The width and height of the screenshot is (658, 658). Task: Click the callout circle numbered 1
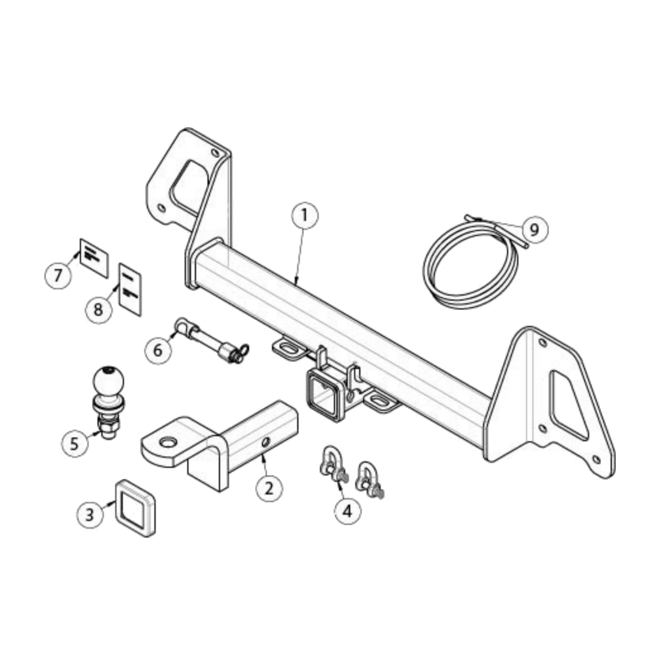305,216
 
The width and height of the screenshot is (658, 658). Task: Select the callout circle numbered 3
90,514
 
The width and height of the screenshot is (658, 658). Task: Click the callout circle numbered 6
158,351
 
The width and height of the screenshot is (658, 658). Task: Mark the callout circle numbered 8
98,310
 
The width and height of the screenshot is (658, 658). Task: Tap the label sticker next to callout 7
94,257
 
